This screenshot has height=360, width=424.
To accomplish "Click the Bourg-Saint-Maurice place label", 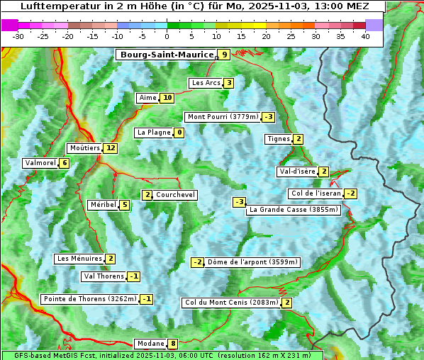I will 167,55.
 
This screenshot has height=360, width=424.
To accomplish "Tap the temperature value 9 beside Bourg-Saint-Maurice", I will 224,55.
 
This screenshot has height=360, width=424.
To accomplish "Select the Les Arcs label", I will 206,83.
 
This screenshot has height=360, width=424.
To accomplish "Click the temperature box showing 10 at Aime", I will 167,98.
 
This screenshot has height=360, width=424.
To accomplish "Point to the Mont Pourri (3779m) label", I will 222,117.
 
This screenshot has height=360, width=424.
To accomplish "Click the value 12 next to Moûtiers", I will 110,148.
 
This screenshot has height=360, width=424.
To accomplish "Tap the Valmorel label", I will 40,163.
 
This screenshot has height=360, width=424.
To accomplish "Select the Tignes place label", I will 278,139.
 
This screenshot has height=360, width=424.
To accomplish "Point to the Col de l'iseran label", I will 316,193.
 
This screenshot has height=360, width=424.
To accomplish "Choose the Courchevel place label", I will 176,195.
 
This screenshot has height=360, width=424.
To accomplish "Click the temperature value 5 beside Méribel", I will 125,205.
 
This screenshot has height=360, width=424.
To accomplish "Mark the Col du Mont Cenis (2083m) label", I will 231,303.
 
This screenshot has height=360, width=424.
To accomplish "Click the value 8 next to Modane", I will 173,344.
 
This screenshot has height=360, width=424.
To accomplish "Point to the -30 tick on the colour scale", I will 18,36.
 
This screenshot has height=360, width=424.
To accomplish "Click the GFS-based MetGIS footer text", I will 162,355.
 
